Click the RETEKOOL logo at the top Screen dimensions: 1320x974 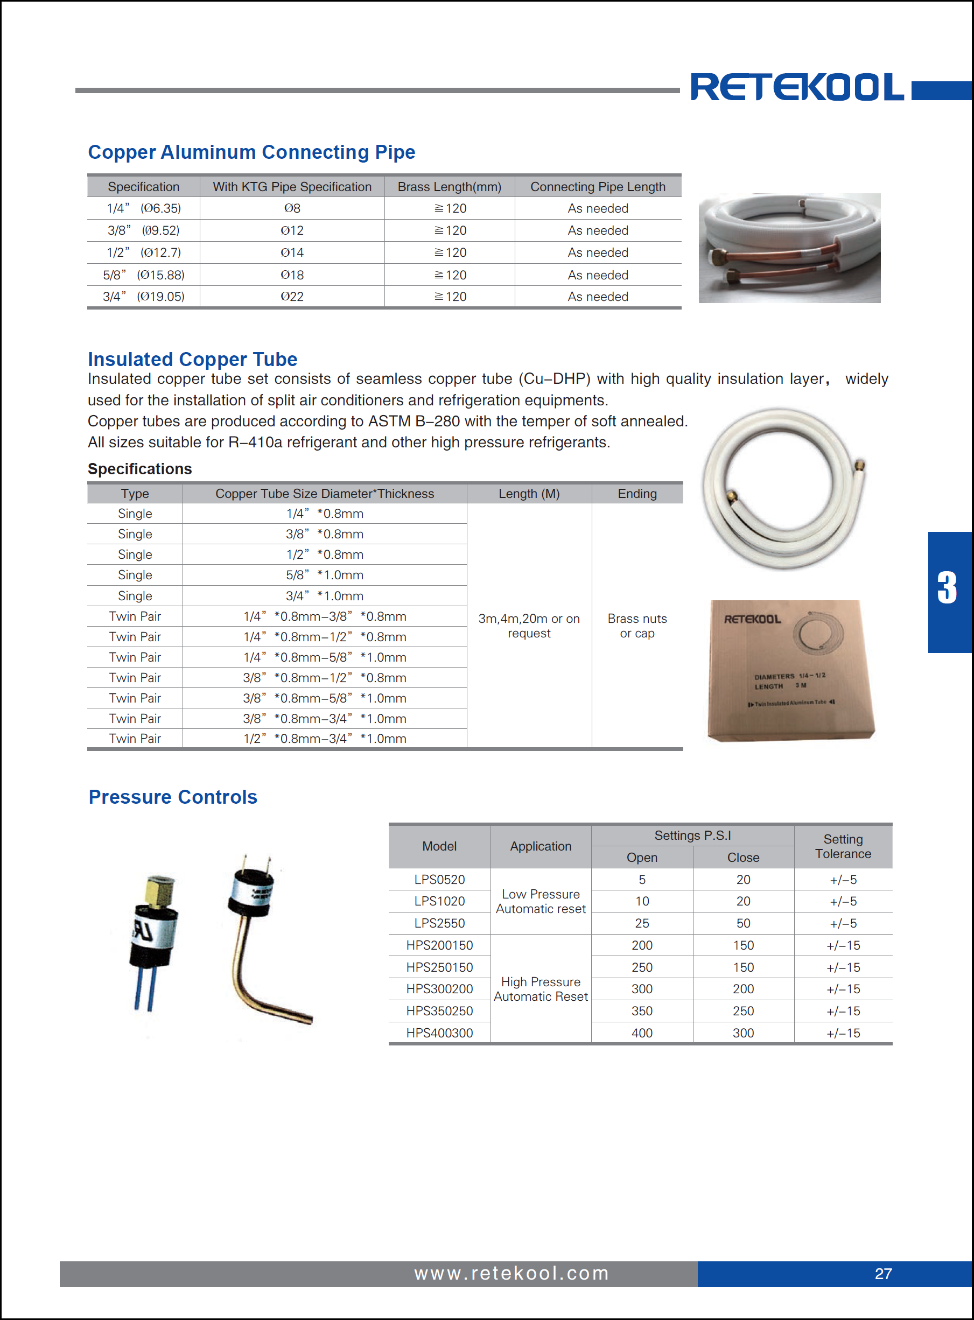pos(796,87)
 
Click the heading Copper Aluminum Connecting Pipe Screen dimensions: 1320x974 pos(251,152)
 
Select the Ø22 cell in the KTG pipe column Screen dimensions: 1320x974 pos(292,297)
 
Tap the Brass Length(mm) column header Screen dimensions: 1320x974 pos(449,187)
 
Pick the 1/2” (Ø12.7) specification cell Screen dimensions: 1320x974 pos(143,252)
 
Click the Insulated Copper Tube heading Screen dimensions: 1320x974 pos(192,359)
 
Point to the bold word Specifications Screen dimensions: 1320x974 pos(140,469)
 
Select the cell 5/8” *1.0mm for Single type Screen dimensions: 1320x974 pos(324,575)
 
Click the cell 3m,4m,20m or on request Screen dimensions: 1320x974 pos(529,626)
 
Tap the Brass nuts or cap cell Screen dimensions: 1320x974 pos(637,626)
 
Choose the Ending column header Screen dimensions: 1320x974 pos(637,494)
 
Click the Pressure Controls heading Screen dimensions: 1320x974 pos(173,797)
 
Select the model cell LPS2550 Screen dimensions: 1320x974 pos(439,923)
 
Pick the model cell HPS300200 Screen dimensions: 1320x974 pos(439,989)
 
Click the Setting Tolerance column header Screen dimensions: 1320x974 pos(843,846)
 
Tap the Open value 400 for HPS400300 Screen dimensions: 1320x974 pos(641,1033)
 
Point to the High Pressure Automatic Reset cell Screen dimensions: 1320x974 pos(541,989)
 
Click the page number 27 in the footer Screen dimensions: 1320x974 pos(882,1273)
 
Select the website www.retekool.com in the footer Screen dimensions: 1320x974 pos(511,1273)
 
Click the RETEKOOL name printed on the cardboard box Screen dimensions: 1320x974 pos(752,619)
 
